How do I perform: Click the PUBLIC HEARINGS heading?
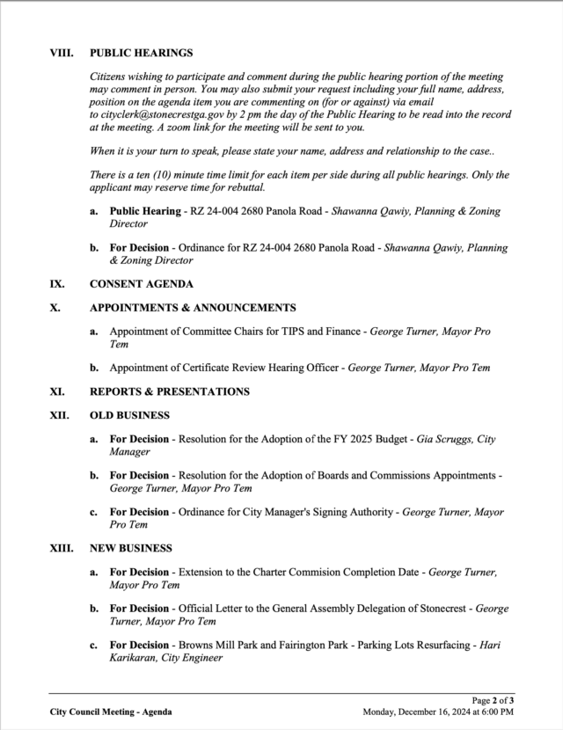[x=141, y=54]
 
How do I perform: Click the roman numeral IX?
[x=56, y=285]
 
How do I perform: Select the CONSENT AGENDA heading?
[x=141, y=285]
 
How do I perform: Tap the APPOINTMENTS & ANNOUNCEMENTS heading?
[x=193, y=308]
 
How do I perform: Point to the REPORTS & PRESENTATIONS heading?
[x=169, y=391]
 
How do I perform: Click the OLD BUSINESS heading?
[x=129, y=415]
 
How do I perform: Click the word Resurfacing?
[x=434, y=645]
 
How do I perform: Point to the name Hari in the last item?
[x=489, y=645]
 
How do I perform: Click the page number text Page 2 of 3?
[x=491, y=700]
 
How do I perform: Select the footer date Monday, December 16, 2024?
[x=415, y=712]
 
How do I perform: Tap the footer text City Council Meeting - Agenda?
[x=110, y=712]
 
